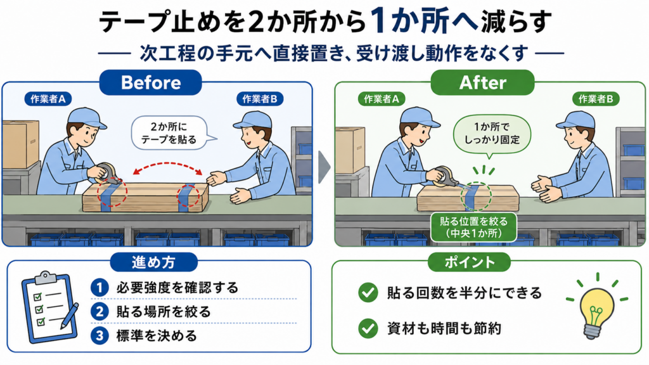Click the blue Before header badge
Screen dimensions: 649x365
click(151, 82)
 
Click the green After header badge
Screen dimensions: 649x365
click(482, 82)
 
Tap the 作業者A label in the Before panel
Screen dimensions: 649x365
click(48, 99)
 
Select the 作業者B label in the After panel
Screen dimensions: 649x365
click(596, 99)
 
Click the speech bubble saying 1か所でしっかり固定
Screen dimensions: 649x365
click(492, 134)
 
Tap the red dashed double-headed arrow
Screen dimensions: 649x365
click(167, 164)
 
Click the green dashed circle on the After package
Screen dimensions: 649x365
click(476, 196)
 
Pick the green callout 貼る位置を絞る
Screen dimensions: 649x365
click(474, 227)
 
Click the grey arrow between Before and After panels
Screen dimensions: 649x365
click(324, 167)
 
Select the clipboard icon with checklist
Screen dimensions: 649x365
click(50, 307)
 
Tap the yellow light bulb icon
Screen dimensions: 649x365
click(596, 306)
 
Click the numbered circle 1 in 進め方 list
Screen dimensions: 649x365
click(100, 288)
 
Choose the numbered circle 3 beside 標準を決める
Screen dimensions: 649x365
click(100, 336)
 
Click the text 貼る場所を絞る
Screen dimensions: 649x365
click(164, 312)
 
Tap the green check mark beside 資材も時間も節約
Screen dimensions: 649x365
click(368, 328)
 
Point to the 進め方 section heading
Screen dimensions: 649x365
click(153, 262)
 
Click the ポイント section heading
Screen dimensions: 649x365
click(470, 262)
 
